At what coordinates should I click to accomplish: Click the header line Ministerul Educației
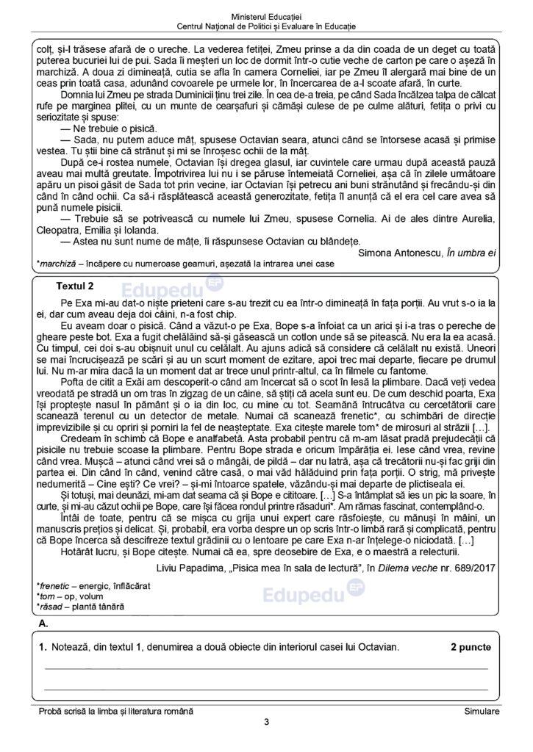(266, 15)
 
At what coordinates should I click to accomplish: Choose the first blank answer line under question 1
(266, 668)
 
